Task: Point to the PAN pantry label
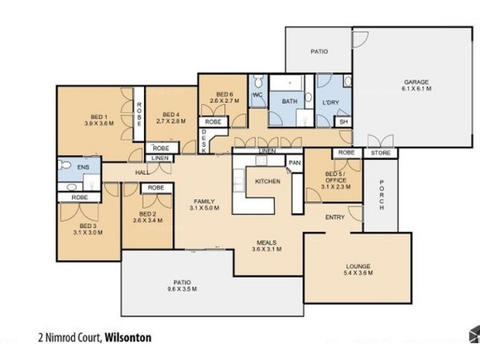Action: pos(294,163)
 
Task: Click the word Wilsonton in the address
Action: pos(128,337)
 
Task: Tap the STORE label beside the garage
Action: pos(380,153)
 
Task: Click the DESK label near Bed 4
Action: pos(204,142)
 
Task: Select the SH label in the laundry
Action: pos(343,122)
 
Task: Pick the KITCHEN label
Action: pos(268,181)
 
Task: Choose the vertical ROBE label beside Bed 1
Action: pos(139,114)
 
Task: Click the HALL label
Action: pos(142,173)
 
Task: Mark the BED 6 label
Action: pos(224,97)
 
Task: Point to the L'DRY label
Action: pos(331,103)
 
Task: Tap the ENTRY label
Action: pos(335,217)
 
